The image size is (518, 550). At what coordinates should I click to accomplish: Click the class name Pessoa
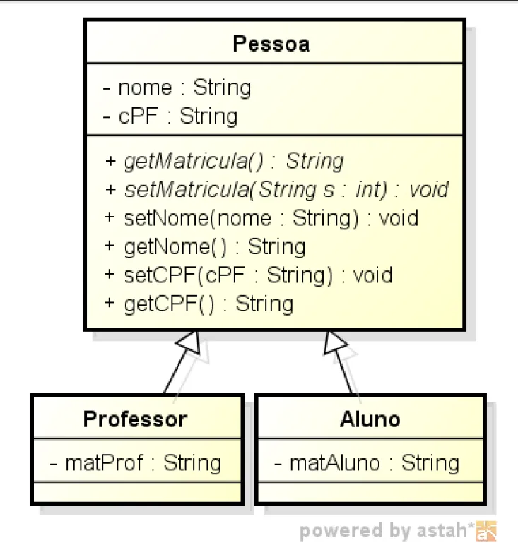271,44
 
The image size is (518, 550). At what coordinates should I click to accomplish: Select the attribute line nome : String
177,88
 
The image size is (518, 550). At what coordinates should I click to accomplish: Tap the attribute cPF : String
170,116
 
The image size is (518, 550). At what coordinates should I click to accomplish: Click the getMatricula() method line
224,161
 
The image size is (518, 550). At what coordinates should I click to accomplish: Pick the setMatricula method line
276,189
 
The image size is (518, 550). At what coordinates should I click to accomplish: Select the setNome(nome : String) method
261,217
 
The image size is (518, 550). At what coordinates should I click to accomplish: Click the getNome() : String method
205,246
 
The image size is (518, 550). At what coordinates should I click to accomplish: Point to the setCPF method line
248,275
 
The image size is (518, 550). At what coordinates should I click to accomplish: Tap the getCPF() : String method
199,304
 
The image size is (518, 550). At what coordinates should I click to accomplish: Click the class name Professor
135,419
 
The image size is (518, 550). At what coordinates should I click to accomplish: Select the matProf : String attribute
135,463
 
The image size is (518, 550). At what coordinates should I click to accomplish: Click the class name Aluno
370,419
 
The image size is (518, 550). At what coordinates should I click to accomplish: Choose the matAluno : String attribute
366,463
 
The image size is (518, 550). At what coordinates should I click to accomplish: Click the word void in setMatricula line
428,189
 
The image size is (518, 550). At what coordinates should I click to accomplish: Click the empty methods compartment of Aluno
370,491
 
